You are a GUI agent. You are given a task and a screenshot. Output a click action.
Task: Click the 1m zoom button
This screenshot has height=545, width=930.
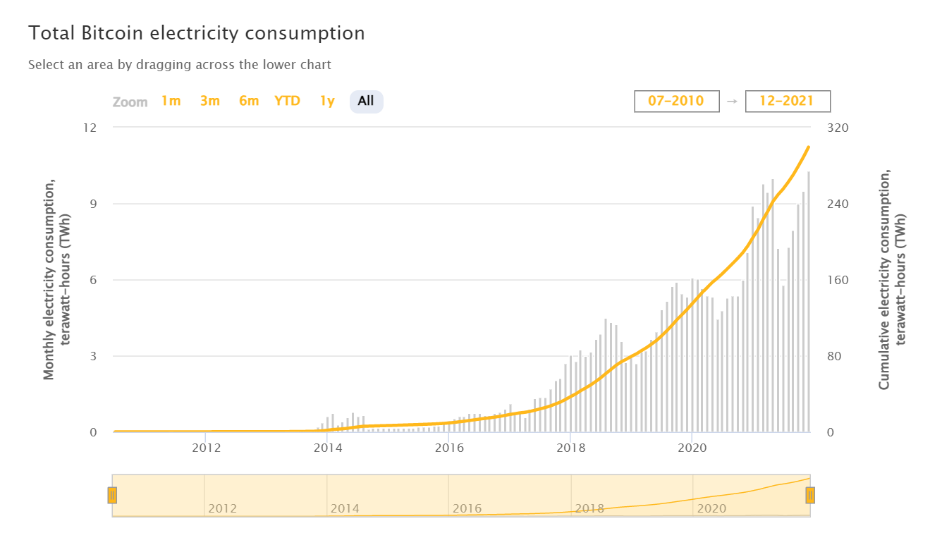point(171,101)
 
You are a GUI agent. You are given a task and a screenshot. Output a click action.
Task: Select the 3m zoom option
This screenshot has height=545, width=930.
point(209,101)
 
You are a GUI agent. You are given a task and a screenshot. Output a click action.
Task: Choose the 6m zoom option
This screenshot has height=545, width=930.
point(249,101)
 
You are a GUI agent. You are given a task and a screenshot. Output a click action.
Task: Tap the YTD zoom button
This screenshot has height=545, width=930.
point(287,101)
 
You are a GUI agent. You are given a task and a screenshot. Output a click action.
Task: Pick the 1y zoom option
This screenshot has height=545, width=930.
point(327,101)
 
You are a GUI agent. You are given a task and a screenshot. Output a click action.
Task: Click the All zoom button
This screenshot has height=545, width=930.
point(366,101)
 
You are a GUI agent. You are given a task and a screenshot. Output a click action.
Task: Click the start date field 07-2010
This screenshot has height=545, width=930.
point(676,101)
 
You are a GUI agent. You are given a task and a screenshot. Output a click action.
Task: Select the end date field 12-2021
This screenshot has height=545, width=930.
point(787,101)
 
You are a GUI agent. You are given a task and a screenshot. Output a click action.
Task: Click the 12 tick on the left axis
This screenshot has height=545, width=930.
point(90,128)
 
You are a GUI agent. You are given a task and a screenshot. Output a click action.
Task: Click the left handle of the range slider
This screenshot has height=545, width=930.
point(112,495)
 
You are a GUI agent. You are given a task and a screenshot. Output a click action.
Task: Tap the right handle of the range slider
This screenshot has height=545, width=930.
point(810,495)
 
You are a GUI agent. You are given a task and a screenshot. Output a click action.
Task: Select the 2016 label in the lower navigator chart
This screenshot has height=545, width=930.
point(467,508)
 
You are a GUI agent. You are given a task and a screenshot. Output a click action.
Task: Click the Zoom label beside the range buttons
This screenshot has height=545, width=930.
point(130,102)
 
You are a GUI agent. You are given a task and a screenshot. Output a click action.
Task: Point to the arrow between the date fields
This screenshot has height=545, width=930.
point(732,102)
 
